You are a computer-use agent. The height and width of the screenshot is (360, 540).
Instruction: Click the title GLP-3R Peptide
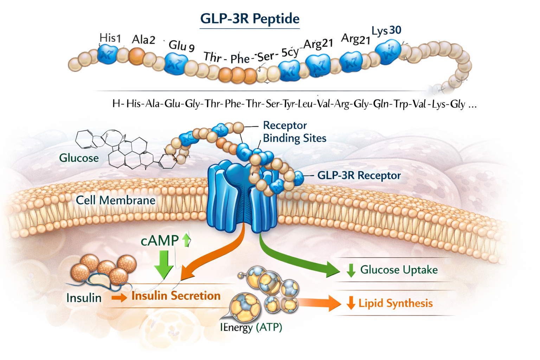[250, 18]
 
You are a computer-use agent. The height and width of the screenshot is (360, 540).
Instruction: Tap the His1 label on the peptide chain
[110, 38]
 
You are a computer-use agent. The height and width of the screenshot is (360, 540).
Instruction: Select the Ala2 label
[143, 40]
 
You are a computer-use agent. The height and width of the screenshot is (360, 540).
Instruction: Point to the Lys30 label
[386, 31]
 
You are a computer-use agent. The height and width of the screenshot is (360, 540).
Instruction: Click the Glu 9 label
[181, 46]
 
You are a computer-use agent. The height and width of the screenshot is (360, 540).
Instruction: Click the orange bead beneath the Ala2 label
[137, 56]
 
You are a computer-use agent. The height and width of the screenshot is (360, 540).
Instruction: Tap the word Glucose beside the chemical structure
[79, 158]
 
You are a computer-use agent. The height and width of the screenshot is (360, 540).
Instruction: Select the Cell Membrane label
[116, 200]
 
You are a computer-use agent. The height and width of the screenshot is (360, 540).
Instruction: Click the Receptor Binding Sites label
[294, 132]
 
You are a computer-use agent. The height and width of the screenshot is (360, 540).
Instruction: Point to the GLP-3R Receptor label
[359, 175]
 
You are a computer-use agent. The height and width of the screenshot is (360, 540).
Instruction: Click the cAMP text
[160, 240]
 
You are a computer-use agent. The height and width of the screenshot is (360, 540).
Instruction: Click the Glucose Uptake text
[399, 270]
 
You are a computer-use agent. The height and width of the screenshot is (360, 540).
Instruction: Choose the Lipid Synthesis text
[396, 303]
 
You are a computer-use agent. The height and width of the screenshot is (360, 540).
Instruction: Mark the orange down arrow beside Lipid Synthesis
[351, 303]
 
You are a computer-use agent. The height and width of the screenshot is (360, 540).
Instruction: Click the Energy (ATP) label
[251, 327]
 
